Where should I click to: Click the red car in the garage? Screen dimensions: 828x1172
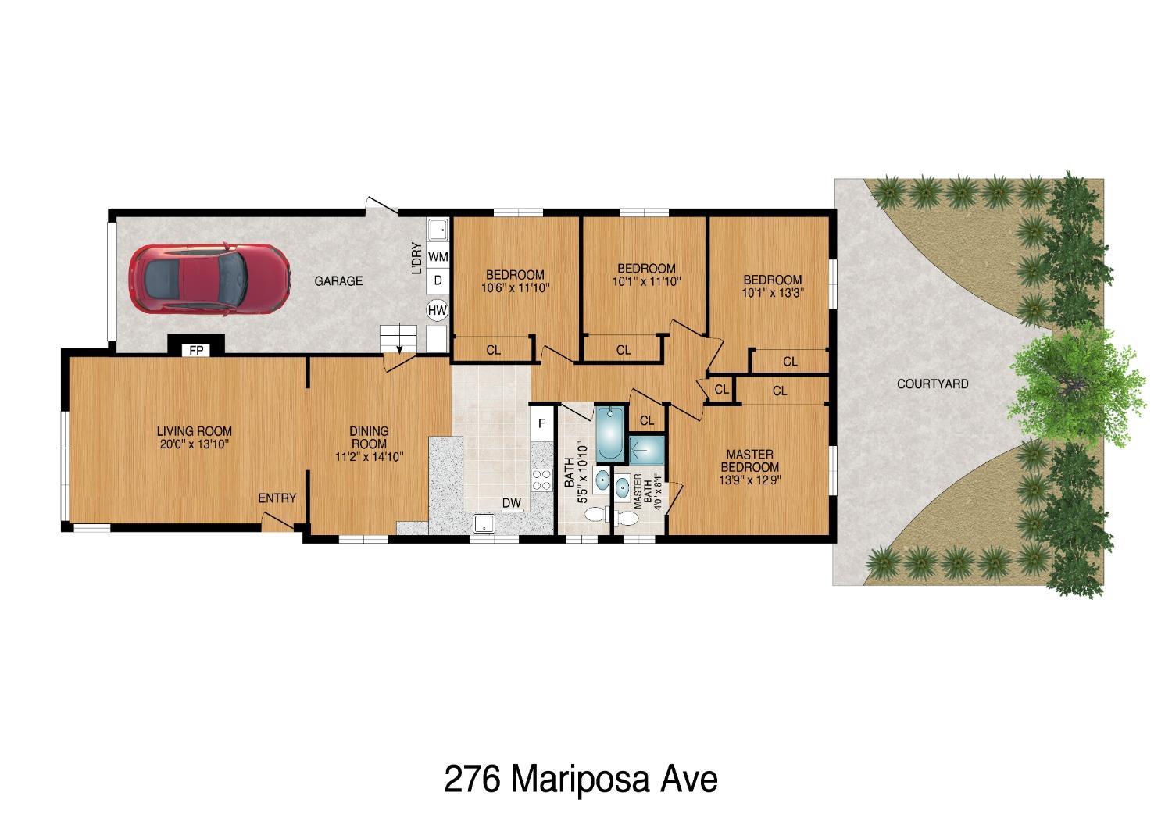coord(209,281)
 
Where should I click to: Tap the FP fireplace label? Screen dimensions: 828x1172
coord(196,351)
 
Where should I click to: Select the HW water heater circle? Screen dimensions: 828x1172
coord(438,311)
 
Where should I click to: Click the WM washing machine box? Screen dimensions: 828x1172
coord(438,256)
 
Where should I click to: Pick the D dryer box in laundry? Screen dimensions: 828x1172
coord(438,280)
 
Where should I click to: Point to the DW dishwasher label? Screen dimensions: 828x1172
coord(512,503)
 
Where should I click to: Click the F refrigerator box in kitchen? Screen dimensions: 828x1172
coord(540,424)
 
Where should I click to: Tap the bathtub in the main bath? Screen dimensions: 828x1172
coord(609,434)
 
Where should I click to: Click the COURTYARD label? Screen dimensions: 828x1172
coord(932,384)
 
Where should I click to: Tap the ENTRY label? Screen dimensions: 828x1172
coord(277,498)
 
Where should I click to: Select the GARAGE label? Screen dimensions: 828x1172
coord(338,281)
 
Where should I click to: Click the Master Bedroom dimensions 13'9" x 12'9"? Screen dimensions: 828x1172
coord(749,480)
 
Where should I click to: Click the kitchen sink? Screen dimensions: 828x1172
coord(485,523)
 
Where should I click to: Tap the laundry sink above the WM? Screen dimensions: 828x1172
coord(438,230)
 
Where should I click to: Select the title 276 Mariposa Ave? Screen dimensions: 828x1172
coord(580,780)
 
